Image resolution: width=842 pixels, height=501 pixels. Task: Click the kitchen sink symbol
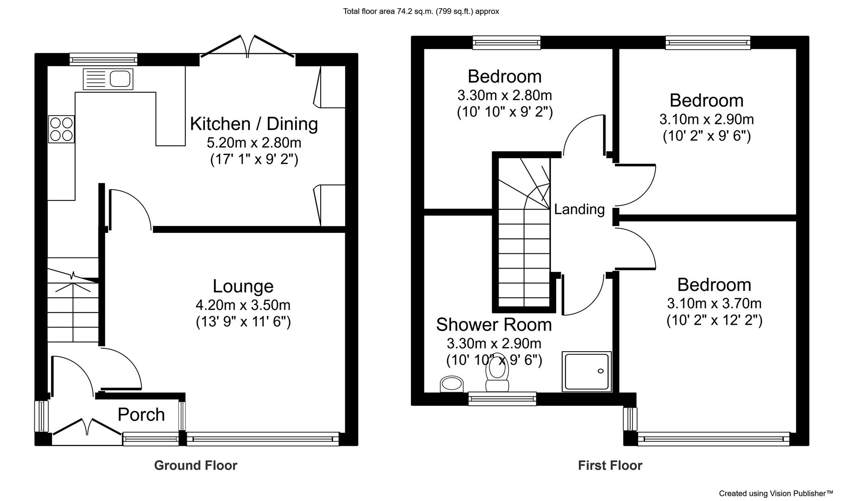(x=108, y=79)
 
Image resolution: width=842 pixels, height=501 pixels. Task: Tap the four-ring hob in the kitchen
(x=61, y=129)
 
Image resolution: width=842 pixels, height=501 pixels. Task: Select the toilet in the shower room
(x=497, y=373)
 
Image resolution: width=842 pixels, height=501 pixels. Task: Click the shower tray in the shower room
(x=587, y=372)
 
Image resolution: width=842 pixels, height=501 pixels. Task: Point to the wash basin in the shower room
(x=451, y=384)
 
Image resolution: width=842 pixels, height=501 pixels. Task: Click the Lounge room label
(x=243, y=286)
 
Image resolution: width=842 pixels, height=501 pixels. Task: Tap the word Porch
(x=141, y=415)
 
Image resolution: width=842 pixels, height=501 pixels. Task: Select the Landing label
(x=579, y=210)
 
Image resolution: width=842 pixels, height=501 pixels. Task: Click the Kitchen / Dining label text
(x=254, y=124)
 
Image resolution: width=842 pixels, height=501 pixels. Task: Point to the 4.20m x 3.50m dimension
(x=243, y=305)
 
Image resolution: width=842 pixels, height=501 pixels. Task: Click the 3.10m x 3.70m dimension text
(x=714, y=303)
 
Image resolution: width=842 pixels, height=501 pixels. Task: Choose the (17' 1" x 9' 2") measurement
(x=254, y=160)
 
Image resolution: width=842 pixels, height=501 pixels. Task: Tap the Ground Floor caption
(x=196, y=465)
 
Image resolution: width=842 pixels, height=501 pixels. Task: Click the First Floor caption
(x=610, y=465)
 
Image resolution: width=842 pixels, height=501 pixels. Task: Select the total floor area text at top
(x=421, y=11)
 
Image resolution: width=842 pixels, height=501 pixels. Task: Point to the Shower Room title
(x=494, y=325)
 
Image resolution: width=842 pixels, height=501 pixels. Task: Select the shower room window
(x=502, y=398)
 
